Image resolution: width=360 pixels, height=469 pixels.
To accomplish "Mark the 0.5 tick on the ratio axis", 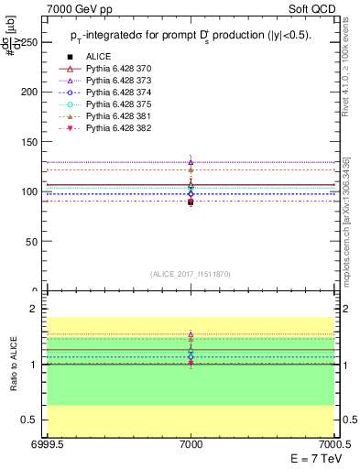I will click(33, 420).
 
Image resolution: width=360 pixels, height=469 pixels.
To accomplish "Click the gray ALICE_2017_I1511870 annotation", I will click(191, 274).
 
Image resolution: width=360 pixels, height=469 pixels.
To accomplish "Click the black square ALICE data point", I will click(191, 202).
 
